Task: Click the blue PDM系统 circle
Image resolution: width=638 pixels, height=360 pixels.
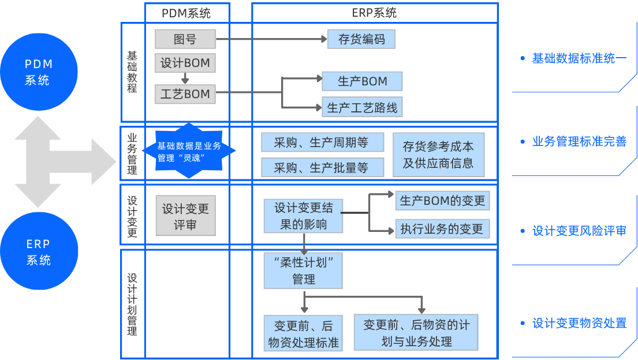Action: (x=38, y=72)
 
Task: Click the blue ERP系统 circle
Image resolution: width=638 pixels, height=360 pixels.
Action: (x=38, y=252)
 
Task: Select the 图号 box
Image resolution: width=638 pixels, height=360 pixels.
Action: (x=185, y=39)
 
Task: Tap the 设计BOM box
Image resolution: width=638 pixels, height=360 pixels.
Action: (x=185, y=63)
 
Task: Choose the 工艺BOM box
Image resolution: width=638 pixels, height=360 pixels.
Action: (x=185, y=94)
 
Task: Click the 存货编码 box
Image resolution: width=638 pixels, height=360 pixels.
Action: (x=361, y=39)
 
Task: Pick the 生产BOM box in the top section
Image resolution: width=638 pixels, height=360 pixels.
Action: (x=362, y=81)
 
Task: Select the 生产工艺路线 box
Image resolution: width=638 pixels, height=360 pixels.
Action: (x=362, y=107)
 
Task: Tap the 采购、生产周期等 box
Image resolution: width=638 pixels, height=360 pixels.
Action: (x=322, y=142)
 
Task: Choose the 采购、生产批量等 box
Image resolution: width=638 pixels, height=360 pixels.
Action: (x=322, y=167)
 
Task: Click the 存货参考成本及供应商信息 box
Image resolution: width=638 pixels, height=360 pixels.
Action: (x=438, y=155)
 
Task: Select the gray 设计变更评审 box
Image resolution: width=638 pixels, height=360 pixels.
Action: (x=185, y=216)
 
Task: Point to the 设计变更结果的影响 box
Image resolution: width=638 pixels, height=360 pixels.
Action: (x=303, y=216)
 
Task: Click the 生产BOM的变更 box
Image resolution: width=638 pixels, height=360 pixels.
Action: (x=443, y=201)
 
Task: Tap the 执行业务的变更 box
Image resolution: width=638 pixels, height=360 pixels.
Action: (x=442, y=229)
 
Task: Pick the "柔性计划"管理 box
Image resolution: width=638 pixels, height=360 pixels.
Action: (x=303, y=271)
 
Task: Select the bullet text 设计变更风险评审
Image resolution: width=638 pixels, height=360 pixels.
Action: (x=579, y=231)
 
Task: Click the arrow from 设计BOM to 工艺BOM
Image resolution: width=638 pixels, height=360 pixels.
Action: (x=185, y=78)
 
